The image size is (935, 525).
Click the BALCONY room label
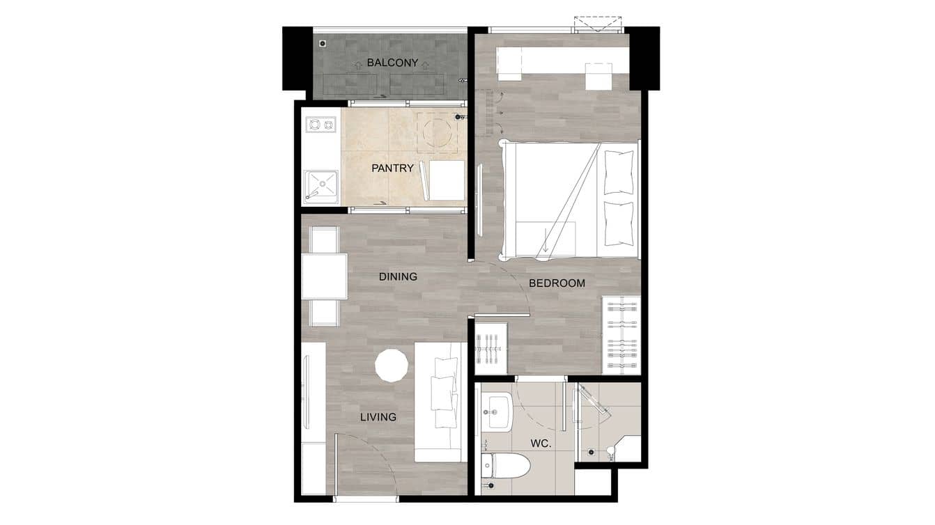pyautogui.click(x=392, y=63)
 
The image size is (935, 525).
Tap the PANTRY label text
pyautogui.click(x=392, y=168)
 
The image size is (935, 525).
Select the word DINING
pyautogui.click(x=398, y=276)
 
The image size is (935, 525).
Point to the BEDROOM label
pyautogui.click(x=557, y=283)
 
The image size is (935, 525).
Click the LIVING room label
pyautogui.click(x=378, y=417)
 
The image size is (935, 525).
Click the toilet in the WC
pyautogui.click(x=507, y=465)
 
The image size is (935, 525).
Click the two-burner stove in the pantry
pyautogui.click(x=320, y=125)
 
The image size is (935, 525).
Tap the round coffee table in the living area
pyautogui.click(x=391, y=366)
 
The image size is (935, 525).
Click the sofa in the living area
pyautogui.click(x=440, y=402)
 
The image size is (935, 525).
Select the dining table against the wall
pyautogui.click(x=324, y=276)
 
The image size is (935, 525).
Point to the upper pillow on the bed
pyautogui.click(x=619, y=172)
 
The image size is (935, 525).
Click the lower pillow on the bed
pyautogui.click(x=619, y=224)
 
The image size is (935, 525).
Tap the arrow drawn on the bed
pyautogui.click(x=546, y=244)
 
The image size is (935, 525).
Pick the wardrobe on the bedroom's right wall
pyautogui.click(x=621, y=335)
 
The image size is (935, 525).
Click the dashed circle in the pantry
pyautogui.click(x=438, y=132)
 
